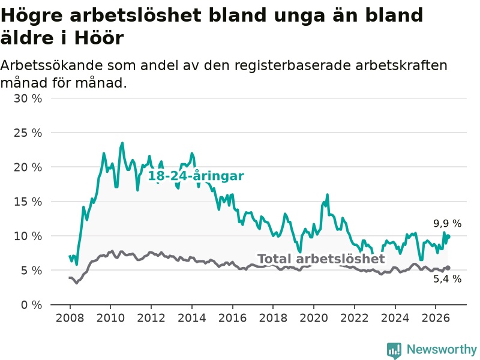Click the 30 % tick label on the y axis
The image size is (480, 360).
pyautogui.click(x=28, y=98)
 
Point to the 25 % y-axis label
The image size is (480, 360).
pyautogui.click(x=28, y=133)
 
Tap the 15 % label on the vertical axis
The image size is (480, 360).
pyautogui.click(x=28, y=202)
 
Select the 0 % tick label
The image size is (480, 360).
pyautogui.click(x=31, y=305)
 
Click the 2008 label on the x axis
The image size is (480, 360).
pyautogui.click(x=70, y=318)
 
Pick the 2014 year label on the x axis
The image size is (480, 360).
pyautogui.click(x=192, y=318)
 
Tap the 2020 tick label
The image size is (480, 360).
pyautogui.click(x=314, y=318)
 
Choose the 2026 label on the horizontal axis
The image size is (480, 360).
pyautogui.click(x=436, y=318)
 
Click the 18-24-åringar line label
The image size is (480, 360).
pyautogui.click(x=196, y=176)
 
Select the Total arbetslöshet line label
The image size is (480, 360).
pyautogui.click(x=321, y=259)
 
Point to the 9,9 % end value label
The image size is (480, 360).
pyautogui.click(x=447, y=223)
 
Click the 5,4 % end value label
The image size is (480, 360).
pyautogui.click(x=447, y=279)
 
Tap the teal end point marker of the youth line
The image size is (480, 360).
pyautogui.click(x=448, y=236)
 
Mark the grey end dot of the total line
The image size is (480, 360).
pyautogui.click(x=448, y=268)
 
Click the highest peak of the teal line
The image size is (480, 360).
pyautogui.click(x=122, y=143)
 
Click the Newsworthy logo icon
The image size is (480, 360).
pyautogui.click(x=394, y=350)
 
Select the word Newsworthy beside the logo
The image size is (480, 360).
pyautogui.click(x=442, y=349)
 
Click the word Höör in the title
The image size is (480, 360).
pyautogui.click(x=99, y=38)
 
